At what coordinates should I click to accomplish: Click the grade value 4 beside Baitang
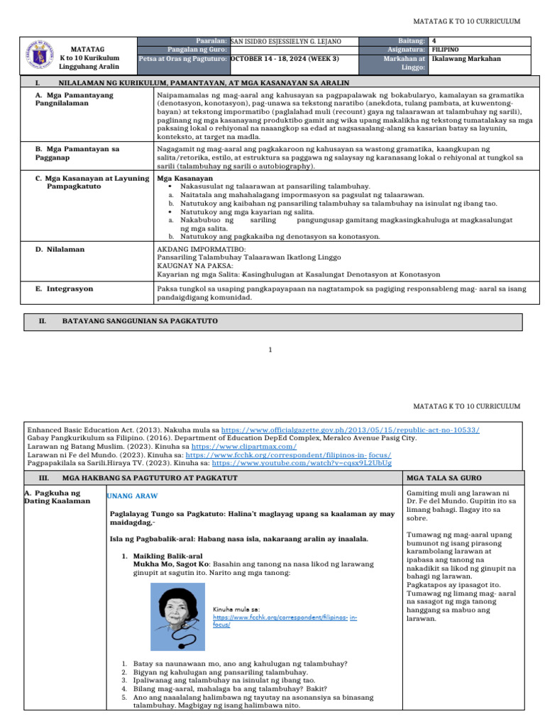[434, 42]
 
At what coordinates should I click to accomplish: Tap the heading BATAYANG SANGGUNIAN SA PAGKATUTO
[140, 321]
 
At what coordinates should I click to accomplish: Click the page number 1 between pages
[271, 350]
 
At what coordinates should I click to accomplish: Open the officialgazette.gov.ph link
[351, 430]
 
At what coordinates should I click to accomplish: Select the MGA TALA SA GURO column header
[435, 478]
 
